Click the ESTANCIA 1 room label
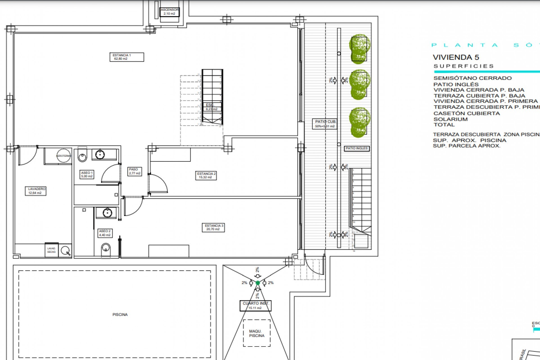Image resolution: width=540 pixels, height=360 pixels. pos(127,57)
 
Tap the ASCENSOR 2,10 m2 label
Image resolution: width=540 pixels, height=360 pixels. pos(170,12)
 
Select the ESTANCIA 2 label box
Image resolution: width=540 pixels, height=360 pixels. pos(206,175)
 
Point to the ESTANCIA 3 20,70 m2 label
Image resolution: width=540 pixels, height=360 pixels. pos(213,228)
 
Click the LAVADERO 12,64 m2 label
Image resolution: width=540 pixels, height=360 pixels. pos(35,191)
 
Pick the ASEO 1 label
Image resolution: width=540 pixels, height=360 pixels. pos(87,175)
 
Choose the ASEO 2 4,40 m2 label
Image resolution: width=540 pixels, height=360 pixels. pos(105,233)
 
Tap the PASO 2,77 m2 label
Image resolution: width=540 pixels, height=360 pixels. pos(134,172)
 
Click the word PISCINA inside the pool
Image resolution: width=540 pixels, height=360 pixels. pos(120,314)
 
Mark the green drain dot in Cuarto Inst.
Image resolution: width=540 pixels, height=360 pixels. pos(258,283)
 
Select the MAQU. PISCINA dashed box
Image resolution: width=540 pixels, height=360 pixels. pos(256,333)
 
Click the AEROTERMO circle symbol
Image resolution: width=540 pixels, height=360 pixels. pos(64,156)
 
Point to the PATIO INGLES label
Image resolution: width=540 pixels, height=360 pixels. pos(357,148)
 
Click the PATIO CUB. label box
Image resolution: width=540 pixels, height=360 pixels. pos(325,124)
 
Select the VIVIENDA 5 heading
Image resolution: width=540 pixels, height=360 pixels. pos(456,57)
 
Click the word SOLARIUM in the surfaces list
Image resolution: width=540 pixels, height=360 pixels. pos(451,119)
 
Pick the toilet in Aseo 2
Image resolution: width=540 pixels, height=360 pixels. pos(106,249)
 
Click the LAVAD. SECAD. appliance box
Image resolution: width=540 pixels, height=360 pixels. pos(51,250)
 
